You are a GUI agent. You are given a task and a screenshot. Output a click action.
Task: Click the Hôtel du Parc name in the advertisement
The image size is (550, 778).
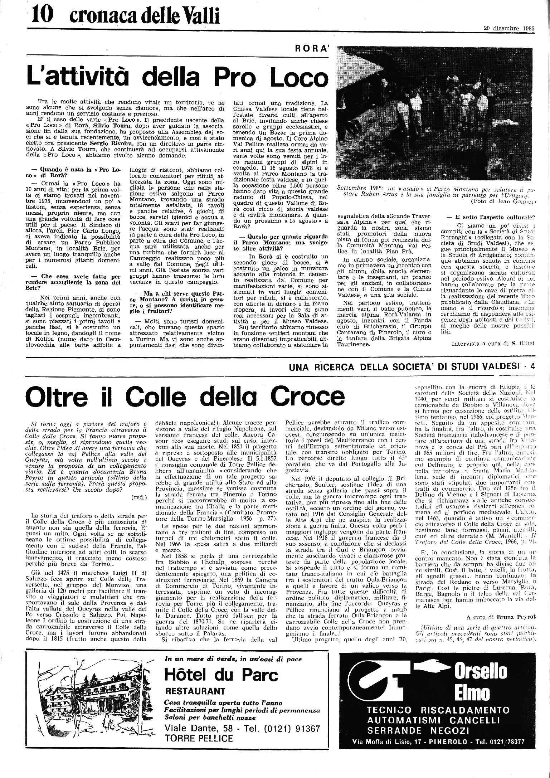point(221,675)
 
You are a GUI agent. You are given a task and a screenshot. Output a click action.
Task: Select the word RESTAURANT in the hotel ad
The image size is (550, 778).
point(195,691)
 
